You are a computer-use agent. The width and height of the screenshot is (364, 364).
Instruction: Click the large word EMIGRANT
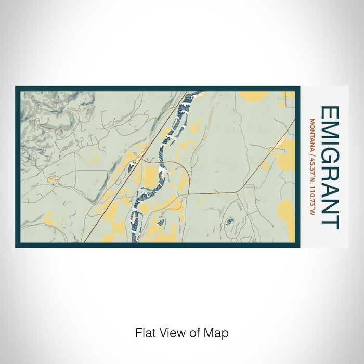[331, 167]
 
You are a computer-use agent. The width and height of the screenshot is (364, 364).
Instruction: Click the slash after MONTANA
[312, 148]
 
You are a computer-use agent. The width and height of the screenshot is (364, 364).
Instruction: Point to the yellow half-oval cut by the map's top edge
[254, 96]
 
